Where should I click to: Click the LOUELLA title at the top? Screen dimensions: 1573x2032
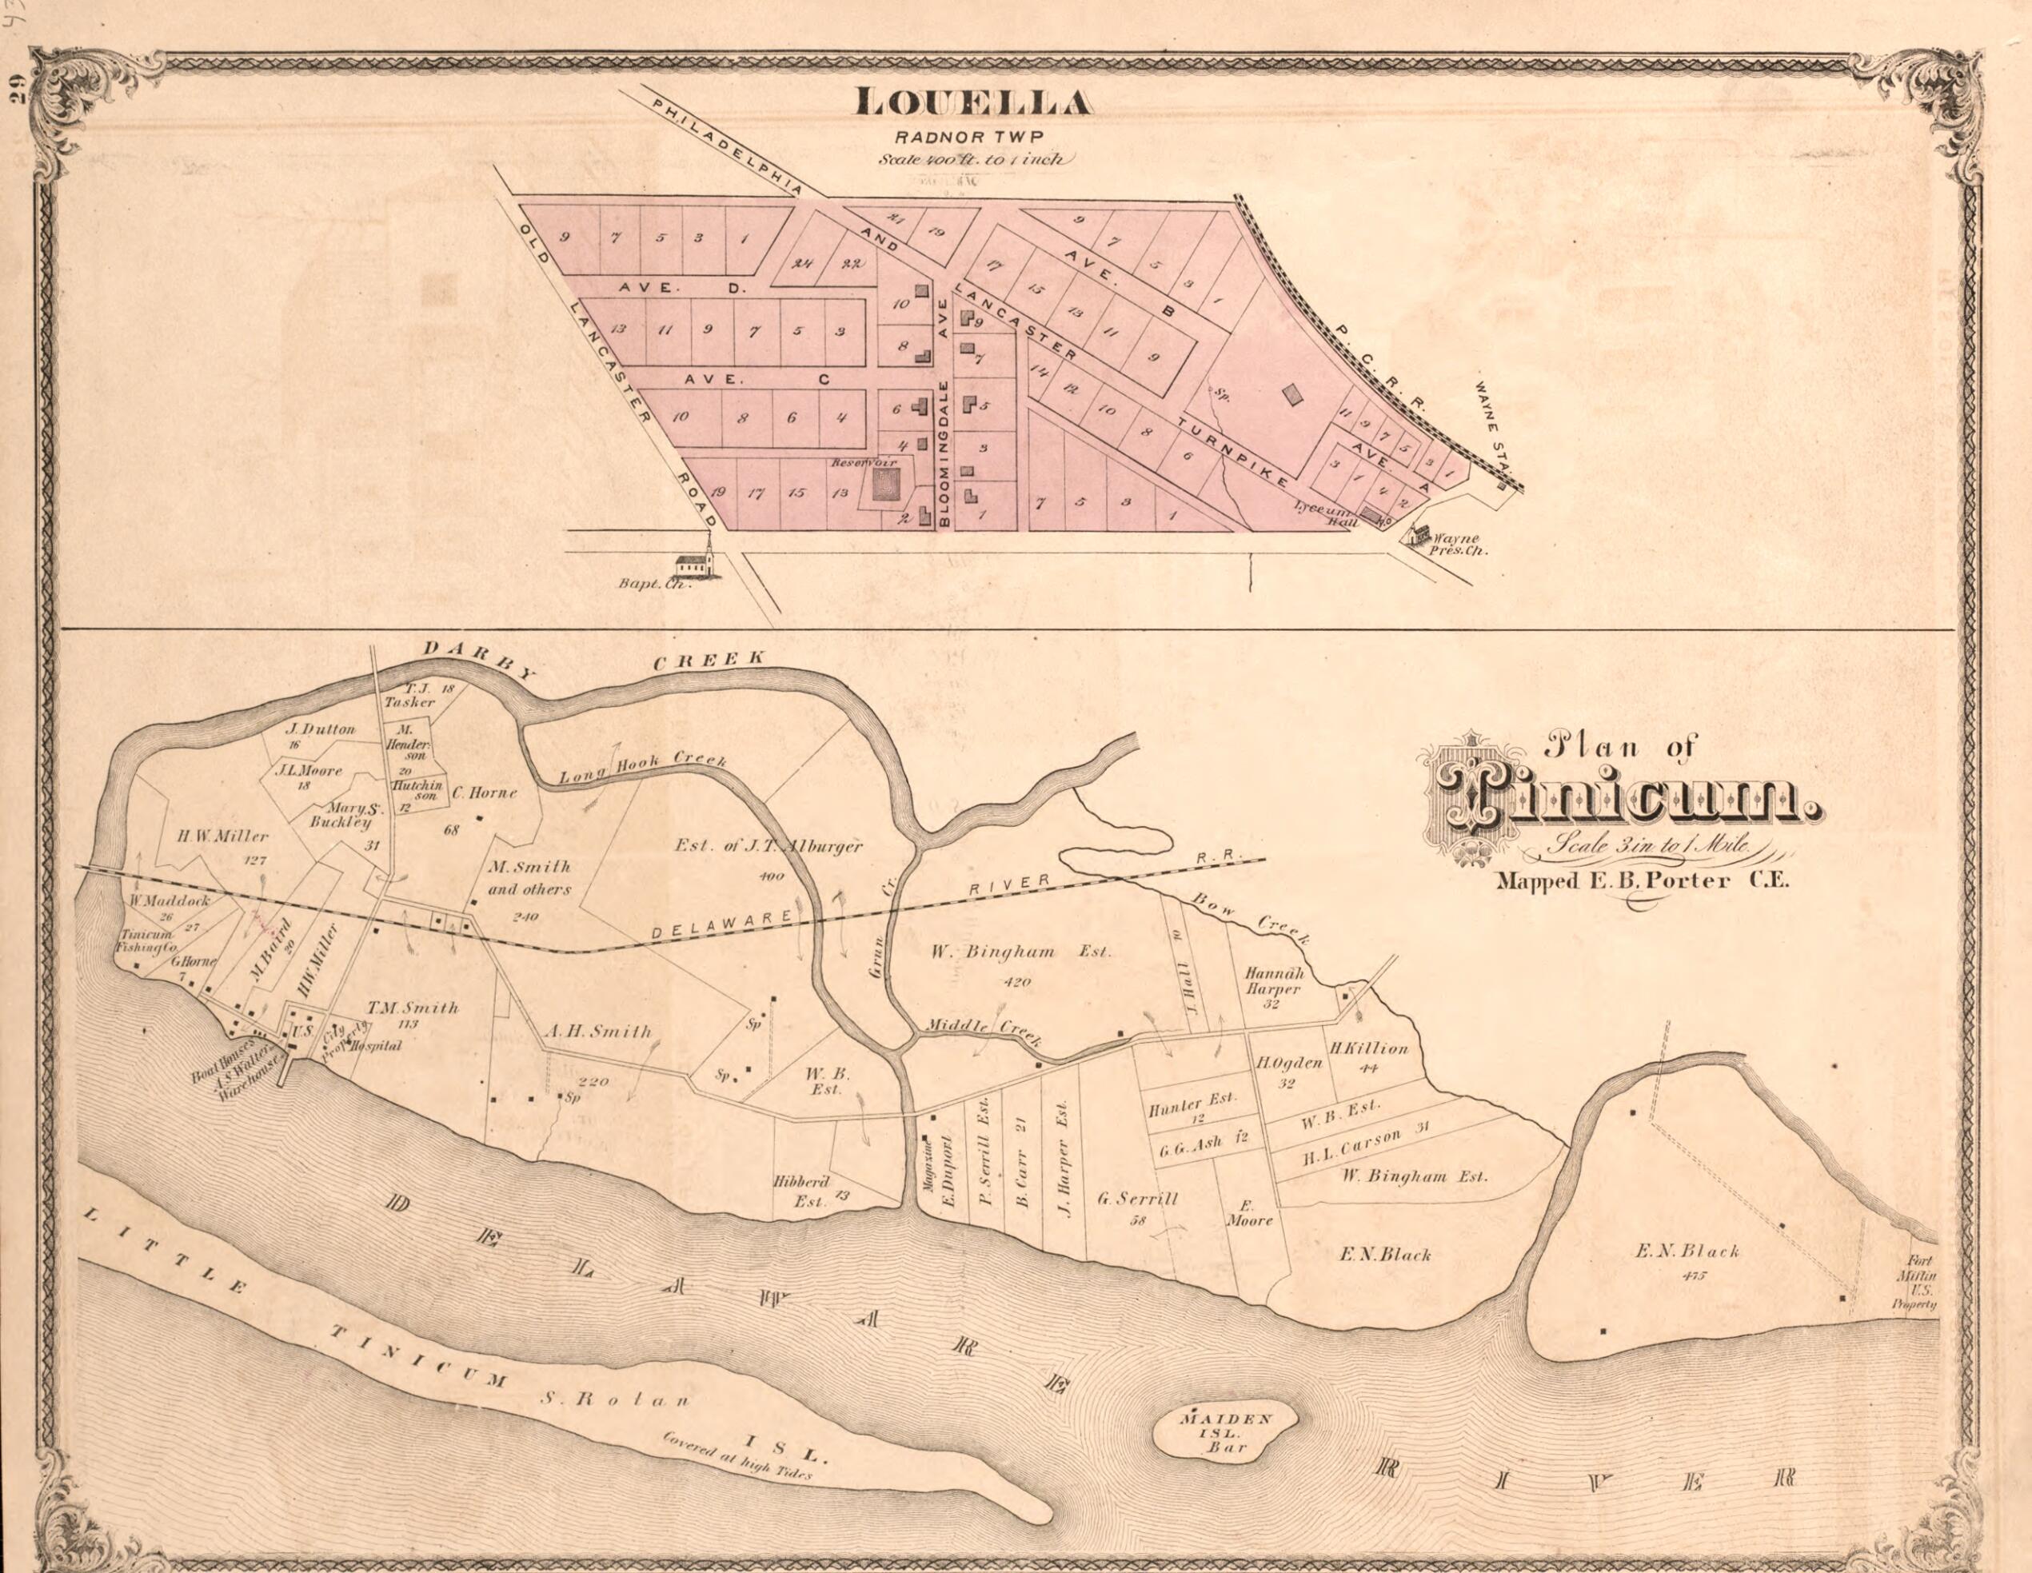972,103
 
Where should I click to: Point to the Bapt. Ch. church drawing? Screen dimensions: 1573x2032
699,562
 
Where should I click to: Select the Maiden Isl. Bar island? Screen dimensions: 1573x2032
1225,1429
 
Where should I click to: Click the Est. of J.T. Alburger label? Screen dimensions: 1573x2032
768,847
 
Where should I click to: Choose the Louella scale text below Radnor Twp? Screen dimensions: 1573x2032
975,159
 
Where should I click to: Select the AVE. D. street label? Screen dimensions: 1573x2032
683,287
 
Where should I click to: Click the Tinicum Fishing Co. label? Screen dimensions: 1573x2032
146,940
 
